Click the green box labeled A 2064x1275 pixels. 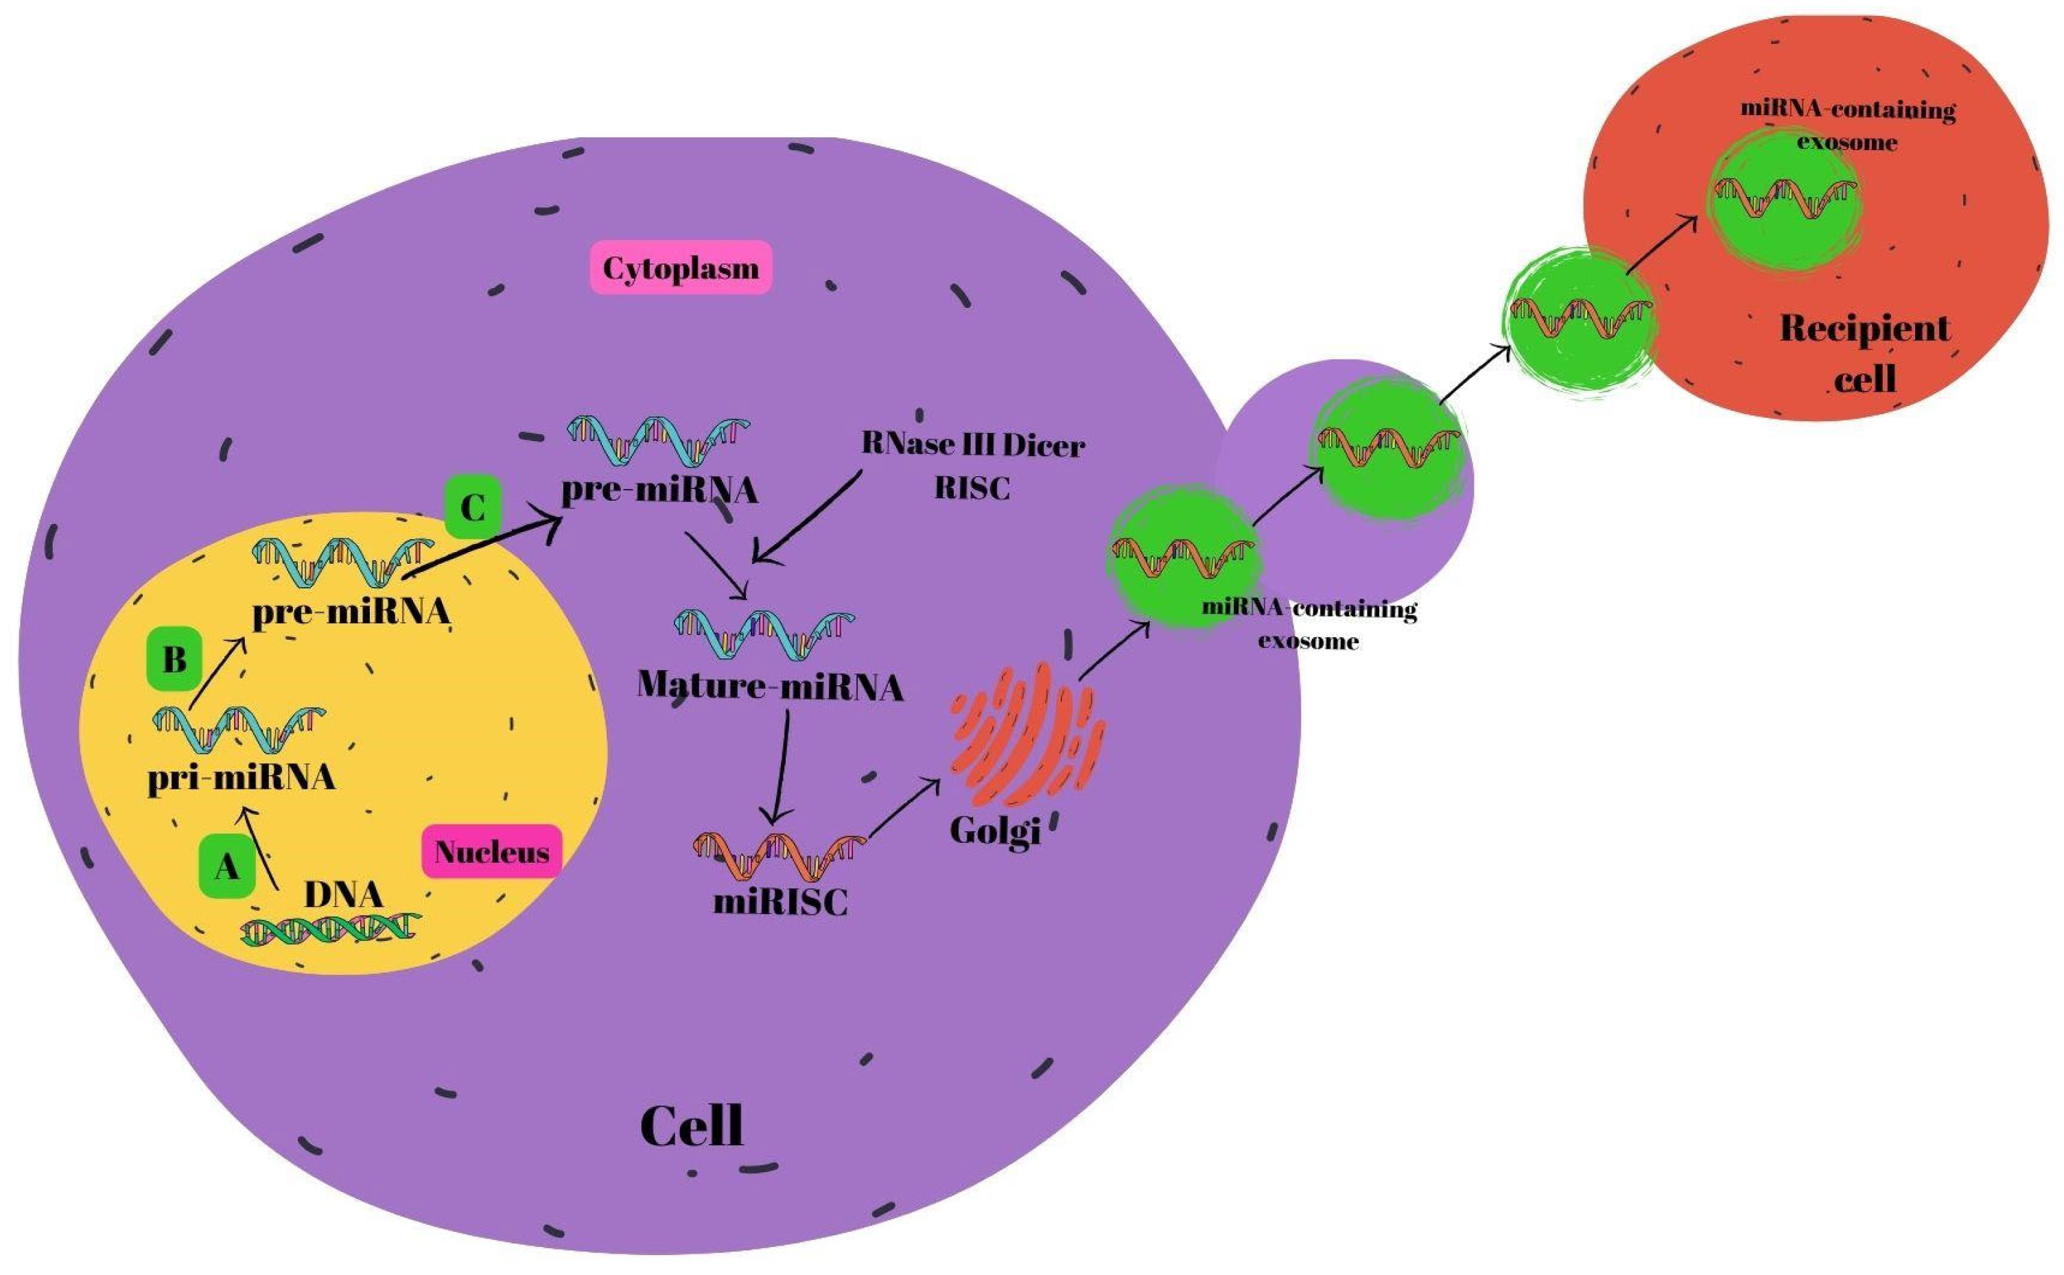226,866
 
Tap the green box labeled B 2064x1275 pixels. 174,659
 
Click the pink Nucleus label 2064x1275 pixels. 491,852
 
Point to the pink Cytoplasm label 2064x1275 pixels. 680,268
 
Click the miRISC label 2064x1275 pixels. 780,903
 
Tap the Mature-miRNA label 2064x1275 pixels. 769,686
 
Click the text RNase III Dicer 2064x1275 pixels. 972,444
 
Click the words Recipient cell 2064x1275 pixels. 1864,353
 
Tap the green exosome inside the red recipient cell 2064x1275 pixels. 1784,202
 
